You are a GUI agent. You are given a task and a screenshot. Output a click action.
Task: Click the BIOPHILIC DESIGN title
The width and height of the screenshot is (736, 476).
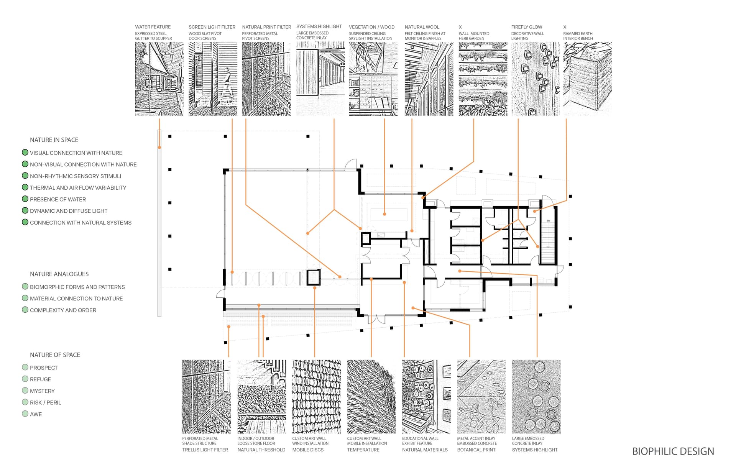point(673,451)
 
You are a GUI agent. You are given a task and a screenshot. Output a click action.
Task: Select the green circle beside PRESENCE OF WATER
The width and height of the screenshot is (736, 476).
point(25,199)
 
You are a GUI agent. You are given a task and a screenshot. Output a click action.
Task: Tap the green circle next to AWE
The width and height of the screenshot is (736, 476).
point(25,414)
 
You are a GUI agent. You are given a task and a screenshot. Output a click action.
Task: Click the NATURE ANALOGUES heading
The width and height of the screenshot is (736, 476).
point(59,274)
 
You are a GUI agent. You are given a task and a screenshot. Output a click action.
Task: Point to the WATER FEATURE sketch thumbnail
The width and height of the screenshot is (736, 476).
point(159,79)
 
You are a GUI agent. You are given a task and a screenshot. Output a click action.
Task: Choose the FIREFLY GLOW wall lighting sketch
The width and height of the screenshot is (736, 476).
point(536,79)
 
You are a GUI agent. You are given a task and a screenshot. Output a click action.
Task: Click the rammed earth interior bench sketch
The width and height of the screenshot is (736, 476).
point(587,79)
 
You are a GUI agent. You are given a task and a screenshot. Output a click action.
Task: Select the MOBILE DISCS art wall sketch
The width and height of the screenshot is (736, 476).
point(316,397)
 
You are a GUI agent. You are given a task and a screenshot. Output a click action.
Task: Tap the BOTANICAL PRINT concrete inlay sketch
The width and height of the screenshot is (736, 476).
point(481,397)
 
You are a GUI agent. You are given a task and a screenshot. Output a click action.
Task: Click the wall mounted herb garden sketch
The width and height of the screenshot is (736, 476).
point(483,79)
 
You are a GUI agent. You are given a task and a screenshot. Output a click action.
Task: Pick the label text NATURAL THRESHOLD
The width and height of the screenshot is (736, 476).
point(261,450)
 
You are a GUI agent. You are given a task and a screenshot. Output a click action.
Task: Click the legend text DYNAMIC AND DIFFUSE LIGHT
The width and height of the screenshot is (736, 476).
point(69,211)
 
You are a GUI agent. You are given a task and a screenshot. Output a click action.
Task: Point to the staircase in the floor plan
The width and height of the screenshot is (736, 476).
point(548,241)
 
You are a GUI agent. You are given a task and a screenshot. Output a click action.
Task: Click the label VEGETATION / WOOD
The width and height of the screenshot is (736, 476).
point(371,27)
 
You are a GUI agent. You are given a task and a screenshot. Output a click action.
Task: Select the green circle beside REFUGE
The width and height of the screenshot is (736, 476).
point(25,379)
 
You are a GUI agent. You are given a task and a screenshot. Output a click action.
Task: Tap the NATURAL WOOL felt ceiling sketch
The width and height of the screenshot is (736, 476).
point(429,79)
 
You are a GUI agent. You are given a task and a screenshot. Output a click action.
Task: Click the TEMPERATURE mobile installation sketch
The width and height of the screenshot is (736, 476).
point(371,397)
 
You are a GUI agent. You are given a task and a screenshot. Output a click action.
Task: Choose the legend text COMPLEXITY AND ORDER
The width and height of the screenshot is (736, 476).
point(63,310)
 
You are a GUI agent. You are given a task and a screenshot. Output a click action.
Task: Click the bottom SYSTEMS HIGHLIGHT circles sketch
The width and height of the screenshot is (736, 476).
point(536,397)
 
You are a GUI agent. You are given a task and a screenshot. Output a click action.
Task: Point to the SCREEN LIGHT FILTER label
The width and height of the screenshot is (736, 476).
point(212,27)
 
